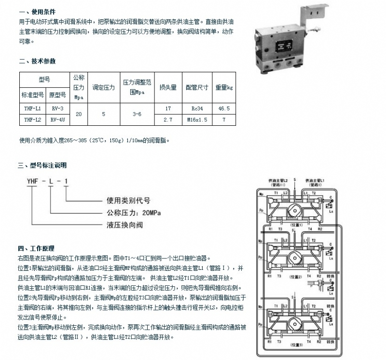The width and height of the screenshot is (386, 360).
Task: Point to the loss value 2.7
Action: [x=168, y=119]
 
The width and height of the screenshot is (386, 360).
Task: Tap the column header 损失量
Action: [x=168, y=88]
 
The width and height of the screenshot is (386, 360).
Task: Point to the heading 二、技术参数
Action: [x=37, y=62]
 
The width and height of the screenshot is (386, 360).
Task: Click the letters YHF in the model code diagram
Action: [x=32, y=182]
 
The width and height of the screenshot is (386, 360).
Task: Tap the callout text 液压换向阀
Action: [x=123, y=224]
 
